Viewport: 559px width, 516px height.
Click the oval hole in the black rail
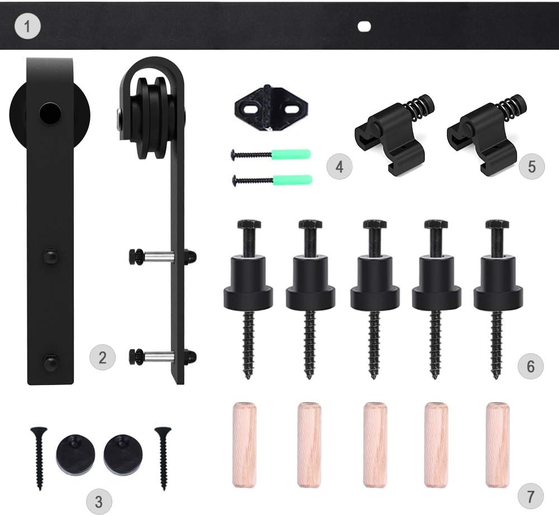coord(364,27)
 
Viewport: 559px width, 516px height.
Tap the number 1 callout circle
coord(28,26)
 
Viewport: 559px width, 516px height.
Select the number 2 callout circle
coord(103,357)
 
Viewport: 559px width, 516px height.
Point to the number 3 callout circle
coord(99,501)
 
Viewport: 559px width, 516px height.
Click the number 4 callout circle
coord(339,166)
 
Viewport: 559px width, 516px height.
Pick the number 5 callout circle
coord(532,166)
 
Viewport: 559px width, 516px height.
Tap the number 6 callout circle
coord(531,366)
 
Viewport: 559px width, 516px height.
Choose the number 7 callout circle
coord(531,496)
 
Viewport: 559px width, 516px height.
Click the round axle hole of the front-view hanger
coord(50,114)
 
